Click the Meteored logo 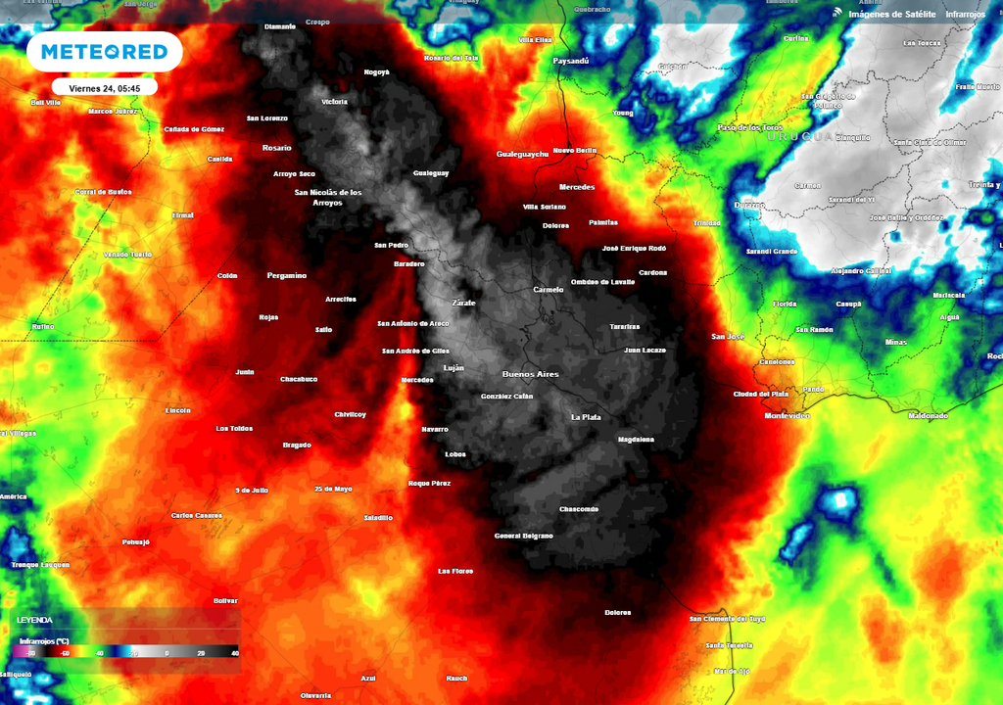(104, 52)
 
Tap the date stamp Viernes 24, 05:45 (104, 88)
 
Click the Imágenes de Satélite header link (891, 14)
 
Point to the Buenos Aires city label (530, 374)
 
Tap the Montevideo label (787, 416)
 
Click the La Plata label (586, 417)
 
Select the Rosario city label (276, 148)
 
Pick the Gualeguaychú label (522, 154)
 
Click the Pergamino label (286, 275)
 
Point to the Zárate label (463, 303)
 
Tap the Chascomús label (578, 509)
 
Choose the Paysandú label (571, 61)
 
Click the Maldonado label (928, 416)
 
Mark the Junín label (245, 372)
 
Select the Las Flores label (455, 571)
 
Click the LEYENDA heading (34, 620)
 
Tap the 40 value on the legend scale (234, 652)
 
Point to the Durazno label (749, 206)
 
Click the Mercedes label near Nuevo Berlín (577, 187)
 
